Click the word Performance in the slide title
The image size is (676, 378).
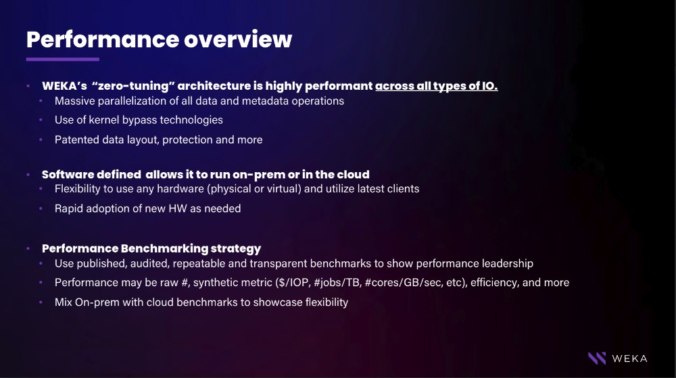click(103, 39)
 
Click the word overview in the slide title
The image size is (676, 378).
click(238, 39)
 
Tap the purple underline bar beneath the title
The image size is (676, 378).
click(62, 59)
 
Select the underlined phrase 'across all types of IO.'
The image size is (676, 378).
click(436, 86)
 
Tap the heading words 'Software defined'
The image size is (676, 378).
click(91, 174)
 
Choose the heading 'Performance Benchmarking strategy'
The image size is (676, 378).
click(151, 248)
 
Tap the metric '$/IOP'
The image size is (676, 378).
click(294, 282)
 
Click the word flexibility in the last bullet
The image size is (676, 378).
click(327, 302)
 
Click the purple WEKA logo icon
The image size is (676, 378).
click(597, 358)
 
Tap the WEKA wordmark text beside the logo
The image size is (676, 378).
click(629, 358)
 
